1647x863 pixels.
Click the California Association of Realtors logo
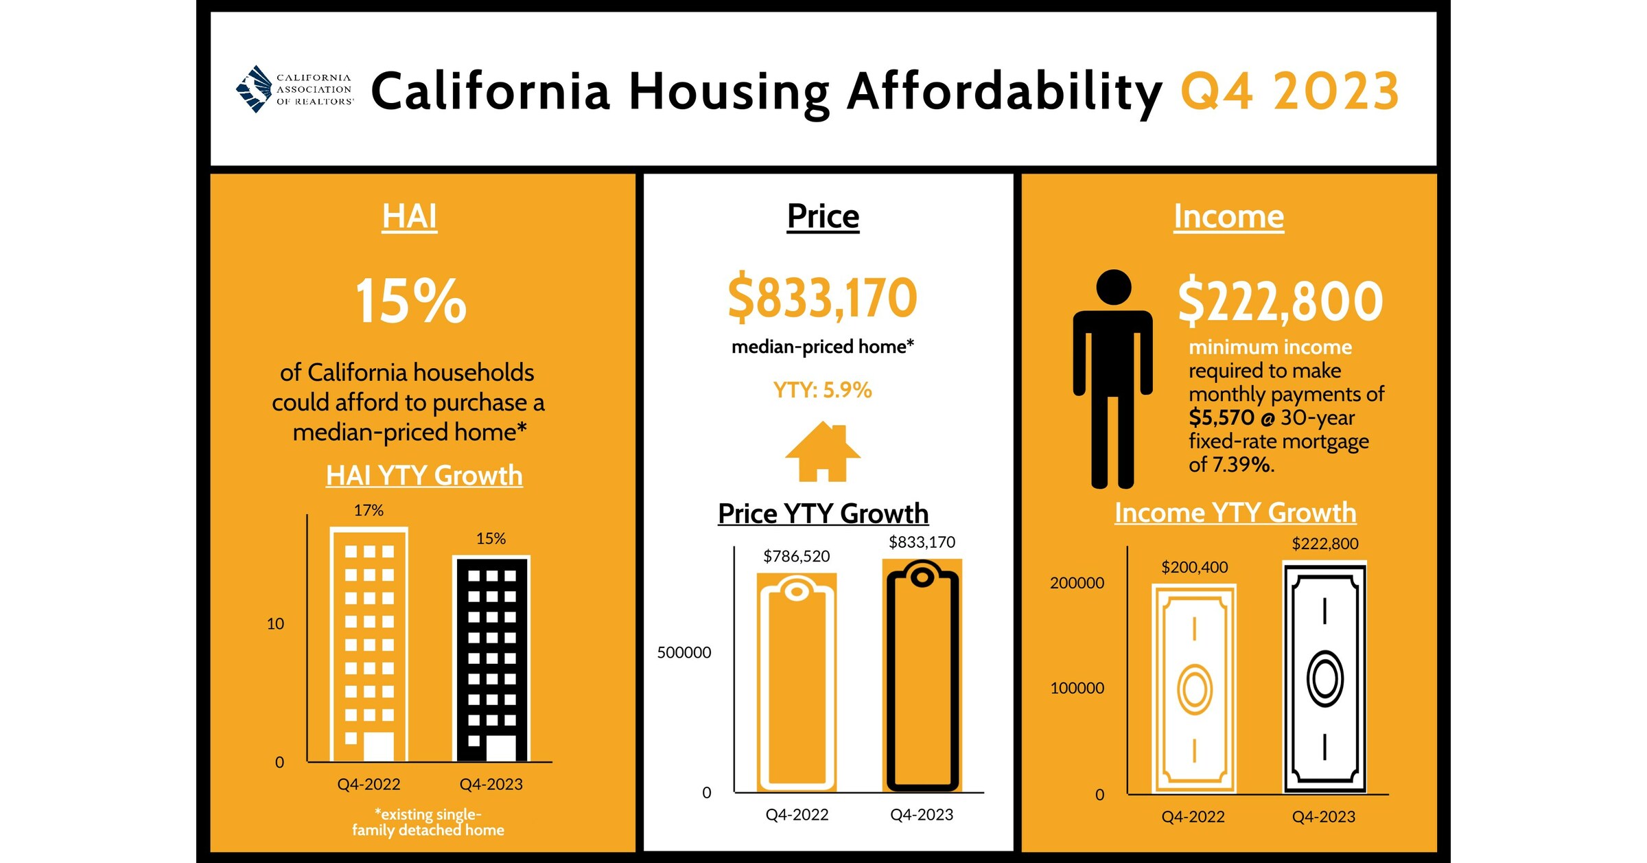pyautogui.click(x=294, y=89)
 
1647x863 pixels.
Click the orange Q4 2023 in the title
pyautogui.click(x=1289, y=91)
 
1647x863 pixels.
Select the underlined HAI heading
pyautogui.click(x=409, y=216)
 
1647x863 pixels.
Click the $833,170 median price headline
pyautogui.click(x=822, y=298)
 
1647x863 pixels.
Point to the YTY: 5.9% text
pyautogui.click(x=822, y=390)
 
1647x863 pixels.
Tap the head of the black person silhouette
pyautogui.click(x=1113, y=287)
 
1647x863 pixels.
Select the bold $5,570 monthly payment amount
pyautogui.click(x=1221, y=417)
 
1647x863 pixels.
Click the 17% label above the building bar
pyautogui.click(x=369, y=510)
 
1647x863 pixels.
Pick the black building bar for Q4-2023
pyautogui.click(x=491, y=659)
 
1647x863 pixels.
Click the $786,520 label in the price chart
pyautogui.click(x=796, y=556)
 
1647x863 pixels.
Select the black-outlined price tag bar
pyautogui.click(x=922, y=676)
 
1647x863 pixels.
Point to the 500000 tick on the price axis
pyautogui.click(x=684, y=652)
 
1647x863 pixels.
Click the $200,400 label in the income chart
pyautogui.click(x=1194, y=567)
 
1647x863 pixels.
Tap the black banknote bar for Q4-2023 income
pyautogui.click(x=1324, y=678)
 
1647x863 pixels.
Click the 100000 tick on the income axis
pyautogui.click(x=1077, y=688)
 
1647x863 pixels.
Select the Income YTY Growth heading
pyautogui.click(x=1235, y=513)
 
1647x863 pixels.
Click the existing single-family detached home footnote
pyautogui.click(x=428, y=822)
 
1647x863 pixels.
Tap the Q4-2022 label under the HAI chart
pyautogui.click(x=369, y=784)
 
